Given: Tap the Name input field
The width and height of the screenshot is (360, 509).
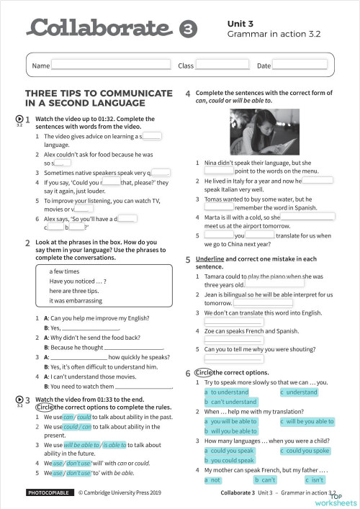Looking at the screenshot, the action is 109,66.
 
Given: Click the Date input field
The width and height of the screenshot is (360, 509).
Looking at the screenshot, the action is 300,66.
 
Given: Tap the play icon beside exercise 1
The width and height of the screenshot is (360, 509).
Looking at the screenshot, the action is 19,118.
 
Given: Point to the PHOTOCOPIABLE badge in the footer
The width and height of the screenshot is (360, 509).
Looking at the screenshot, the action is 48,493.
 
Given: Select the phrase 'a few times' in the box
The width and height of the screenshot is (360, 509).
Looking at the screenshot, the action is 64,271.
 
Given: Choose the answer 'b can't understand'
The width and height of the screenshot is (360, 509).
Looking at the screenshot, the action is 230,402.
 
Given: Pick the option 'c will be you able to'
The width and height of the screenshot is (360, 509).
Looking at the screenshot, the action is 307,421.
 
